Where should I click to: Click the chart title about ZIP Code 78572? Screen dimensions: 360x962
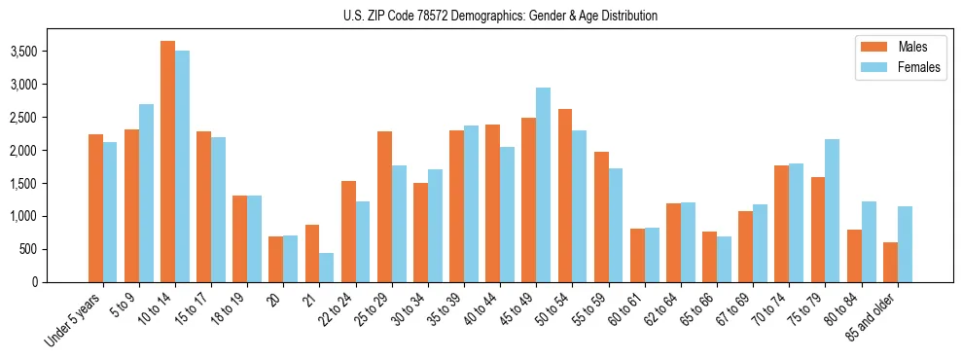coord(500,16)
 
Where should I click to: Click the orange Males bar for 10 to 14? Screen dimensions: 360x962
coord(168,162)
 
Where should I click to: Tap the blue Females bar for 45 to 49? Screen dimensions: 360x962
coord(544,185)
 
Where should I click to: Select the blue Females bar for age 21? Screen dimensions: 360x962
coord(327,268)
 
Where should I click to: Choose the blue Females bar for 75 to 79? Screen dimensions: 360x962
coord(833,210)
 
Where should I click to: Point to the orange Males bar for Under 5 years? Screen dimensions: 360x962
coord(95,208)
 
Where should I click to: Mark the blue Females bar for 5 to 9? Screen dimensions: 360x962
coord(146,193)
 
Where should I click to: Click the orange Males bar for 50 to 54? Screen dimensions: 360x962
coord(565,196)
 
